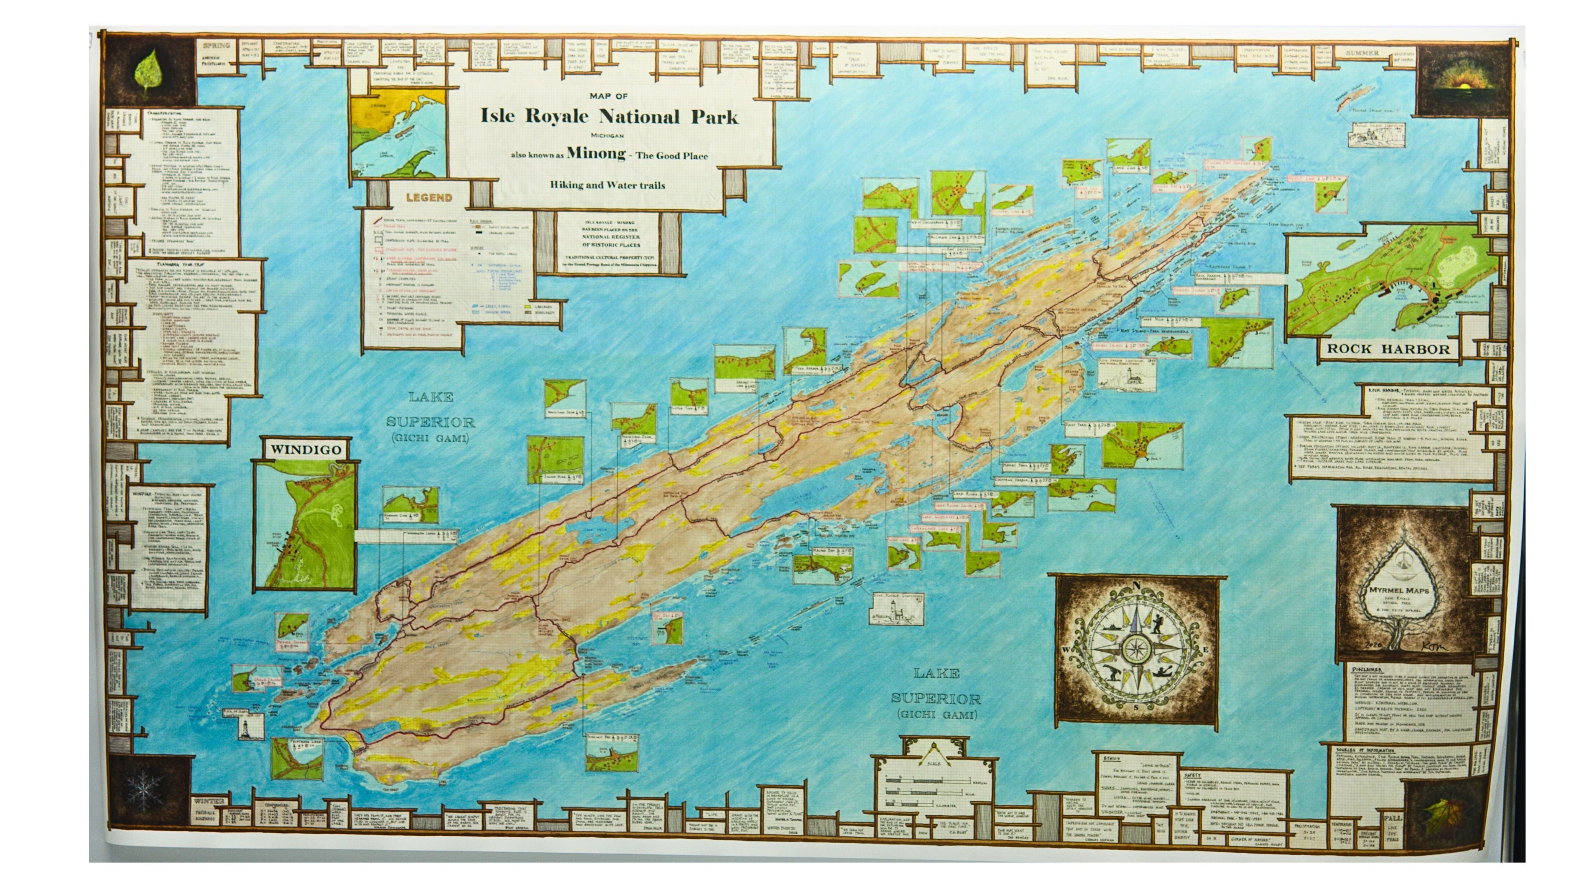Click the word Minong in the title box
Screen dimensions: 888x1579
[596, 153]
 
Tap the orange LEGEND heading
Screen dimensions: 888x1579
[429, 197]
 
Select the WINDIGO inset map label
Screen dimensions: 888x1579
[305, 449]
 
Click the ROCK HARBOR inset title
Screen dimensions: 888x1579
[1388, 349]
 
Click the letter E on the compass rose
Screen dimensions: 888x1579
[1205, 650]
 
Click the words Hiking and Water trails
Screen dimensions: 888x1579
[607, 185]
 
